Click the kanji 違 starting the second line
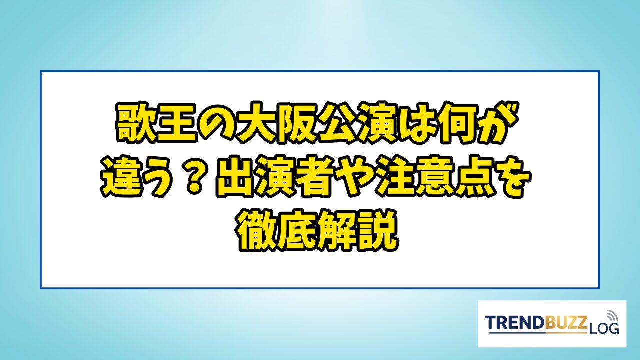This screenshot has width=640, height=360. tap(121, 177)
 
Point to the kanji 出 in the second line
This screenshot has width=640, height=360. tap(237, 177)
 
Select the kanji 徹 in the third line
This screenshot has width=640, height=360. tap(257, 231)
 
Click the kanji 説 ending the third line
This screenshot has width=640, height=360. tap(379, 231)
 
